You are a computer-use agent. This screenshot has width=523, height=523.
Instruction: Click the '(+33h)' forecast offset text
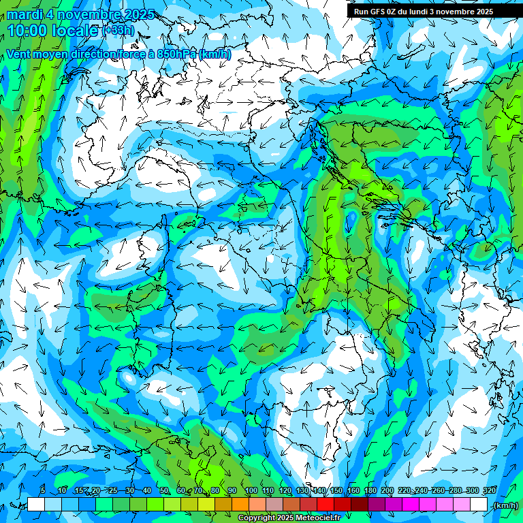(118, 31)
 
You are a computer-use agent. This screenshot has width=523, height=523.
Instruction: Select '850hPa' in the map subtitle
(177, 54)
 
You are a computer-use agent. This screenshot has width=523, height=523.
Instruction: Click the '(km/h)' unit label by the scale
(505, 505)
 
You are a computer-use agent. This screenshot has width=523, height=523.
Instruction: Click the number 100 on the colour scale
(251, 490)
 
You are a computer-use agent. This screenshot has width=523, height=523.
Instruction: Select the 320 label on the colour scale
(489, 490)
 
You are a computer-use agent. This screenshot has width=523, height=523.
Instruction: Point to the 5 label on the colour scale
(43, 490)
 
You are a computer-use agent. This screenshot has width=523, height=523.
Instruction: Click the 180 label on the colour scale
(370, 490)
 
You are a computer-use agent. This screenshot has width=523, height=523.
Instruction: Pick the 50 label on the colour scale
(164, 490)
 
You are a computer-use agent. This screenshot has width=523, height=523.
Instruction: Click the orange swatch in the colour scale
(240, 505)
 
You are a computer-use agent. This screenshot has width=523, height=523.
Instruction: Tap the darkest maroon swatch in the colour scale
(360, 505)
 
